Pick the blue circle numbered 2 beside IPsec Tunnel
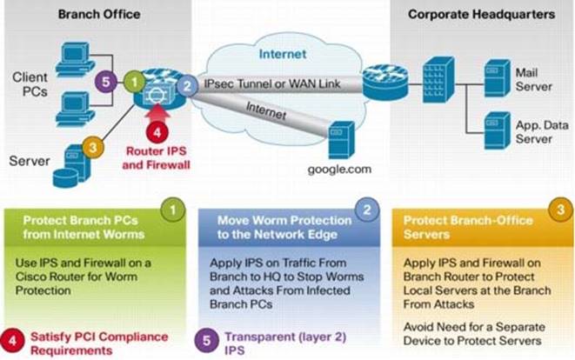pos(186,85)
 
